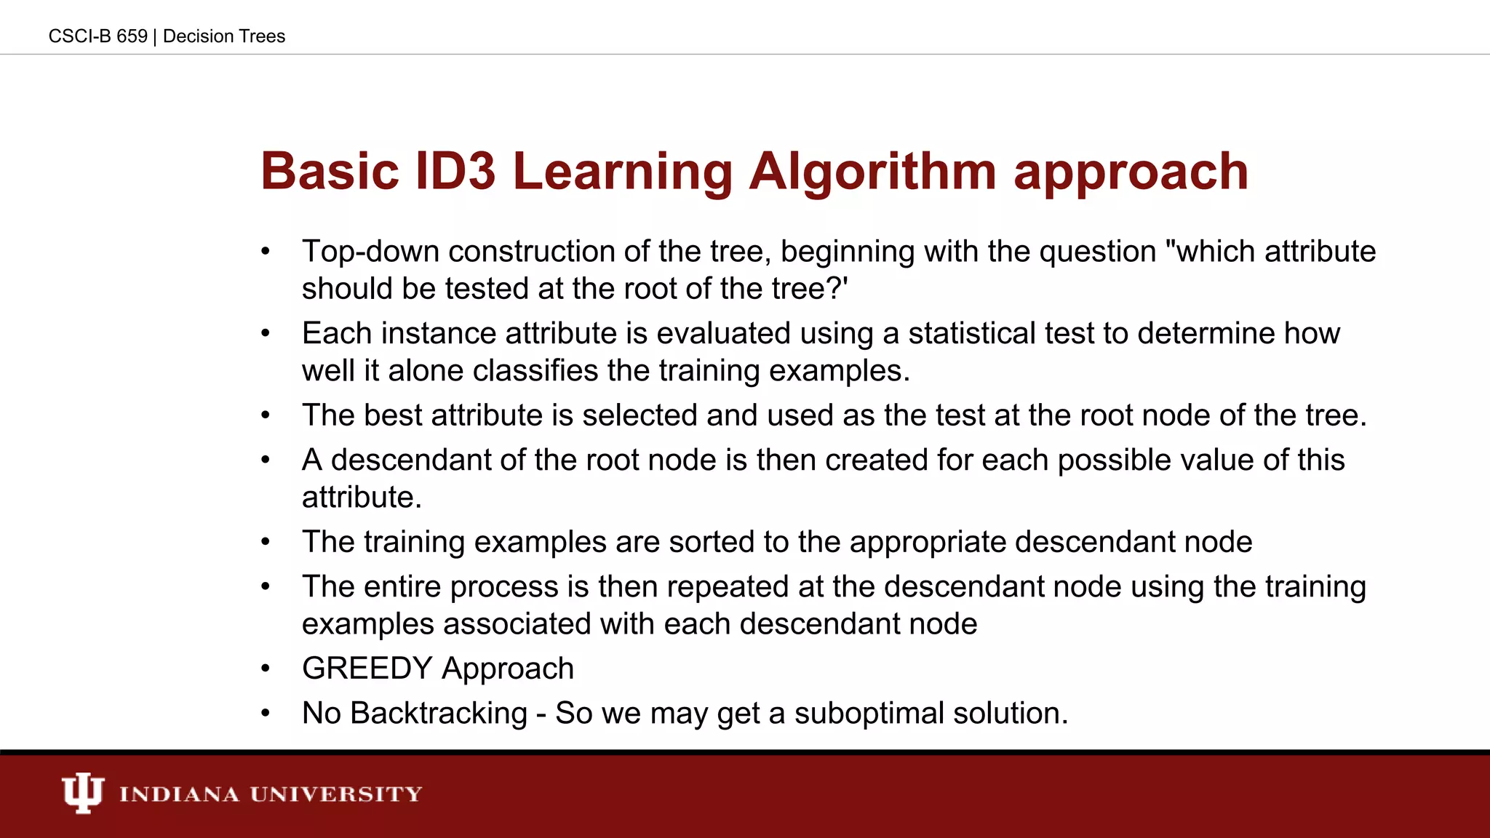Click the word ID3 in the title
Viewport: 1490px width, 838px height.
455,172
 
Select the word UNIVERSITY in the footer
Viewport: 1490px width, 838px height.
336,794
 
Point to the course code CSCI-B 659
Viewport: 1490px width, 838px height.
97,36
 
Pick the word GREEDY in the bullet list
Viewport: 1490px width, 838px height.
367,669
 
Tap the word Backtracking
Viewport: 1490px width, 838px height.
439,714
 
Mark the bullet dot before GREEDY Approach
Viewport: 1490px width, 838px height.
266,669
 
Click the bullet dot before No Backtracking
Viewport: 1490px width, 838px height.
266,714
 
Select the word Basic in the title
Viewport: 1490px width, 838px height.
330,172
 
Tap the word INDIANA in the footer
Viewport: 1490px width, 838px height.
179,794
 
